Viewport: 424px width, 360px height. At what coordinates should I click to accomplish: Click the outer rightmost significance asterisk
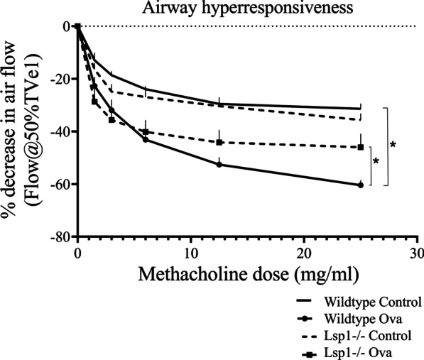[393, 145]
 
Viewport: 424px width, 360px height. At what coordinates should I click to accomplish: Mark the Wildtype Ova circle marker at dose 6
[146, 139]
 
